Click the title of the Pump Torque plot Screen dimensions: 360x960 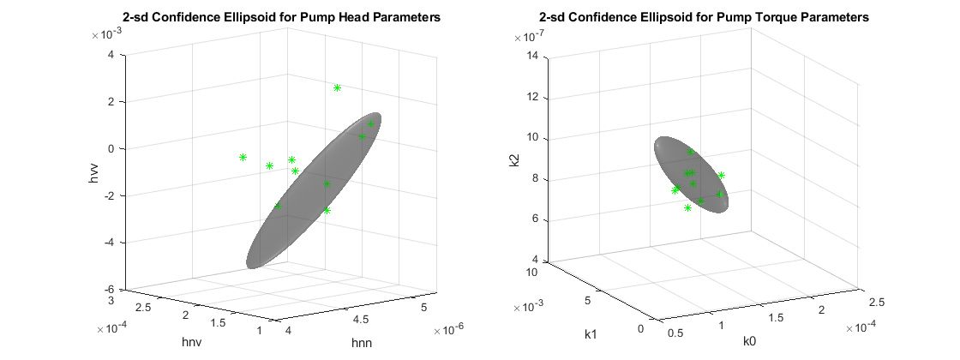[x=704, y=17]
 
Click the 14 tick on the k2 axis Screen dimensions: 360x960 [x=536, y=56]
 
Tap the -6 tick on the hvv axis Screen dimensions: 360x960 [x=113, y=290]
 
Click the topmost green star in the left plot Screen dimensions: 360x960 [x=337, y=87]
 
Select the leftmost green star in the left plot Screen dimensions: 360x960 [x=243, y=157]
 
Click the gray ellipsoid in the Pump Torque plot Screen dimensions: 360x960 [x=690, y=175]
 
